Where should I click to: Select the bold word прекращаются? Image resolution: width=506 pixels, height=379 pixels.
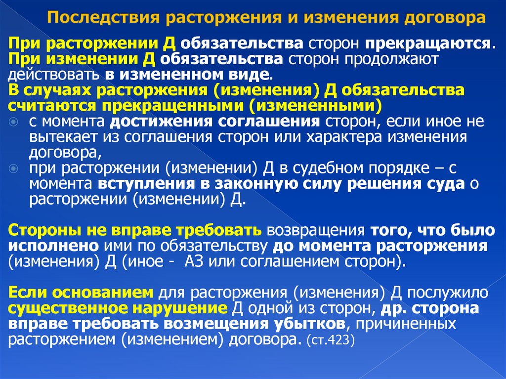tap(428, 43)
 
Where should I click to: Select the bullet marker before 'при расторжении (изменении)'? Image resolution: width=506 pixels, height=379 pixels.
tap(14, 168)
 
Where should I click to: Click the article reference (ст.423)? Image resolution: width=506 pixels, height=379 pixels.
tap(328, 341)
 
